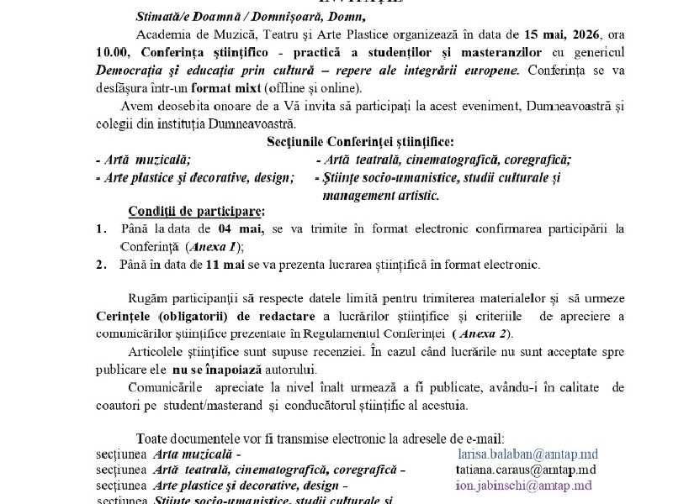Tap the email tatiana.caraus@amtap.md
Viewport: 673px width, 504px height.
click(520, 470)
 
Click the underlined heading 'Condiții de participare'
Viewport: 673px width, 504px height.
click(195, 210)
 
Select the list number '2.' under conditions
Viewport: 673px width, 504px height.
click(101, 264)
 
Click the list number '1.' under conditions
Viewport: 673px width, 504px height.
click(101, 228)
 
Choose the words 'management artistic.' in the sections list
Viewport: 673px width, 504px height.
click(380, 194)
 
